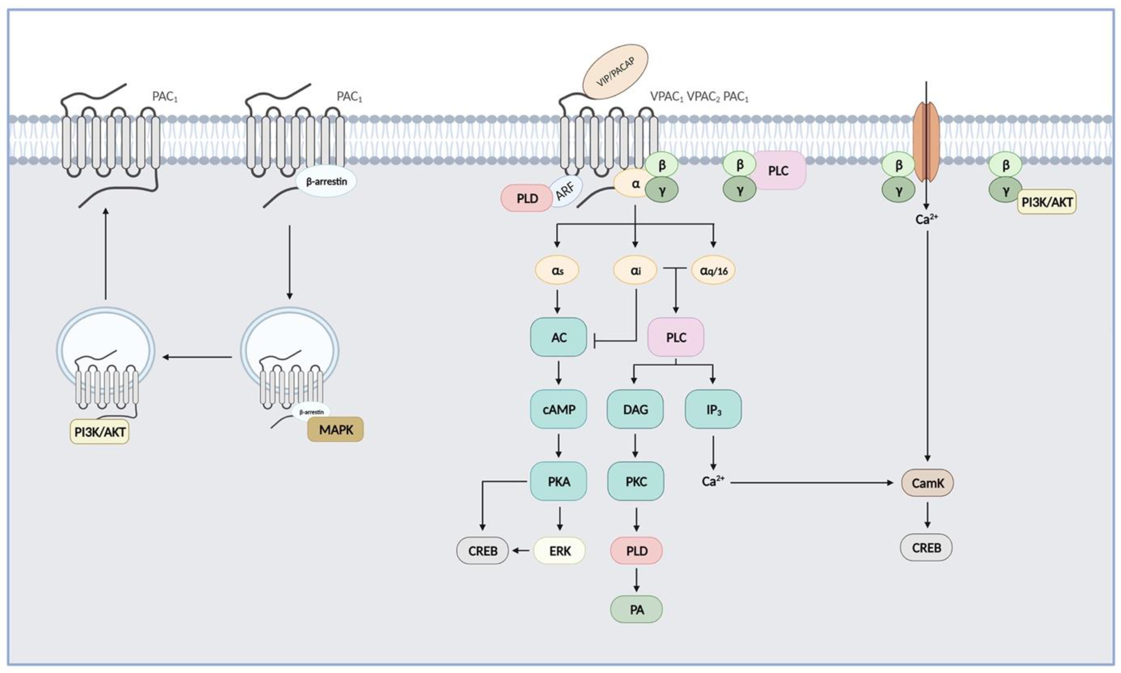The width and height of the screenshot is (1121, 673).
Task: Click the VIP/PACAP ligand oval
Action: tap(615, 72)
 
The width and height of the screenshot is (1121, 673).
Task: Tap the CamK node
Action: tap(927, 483)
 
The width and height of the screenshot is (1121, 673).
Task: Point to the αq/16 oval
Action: tap(713, 270)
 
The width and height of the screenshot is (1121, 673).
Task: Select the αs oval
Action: tap(557, 270)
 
